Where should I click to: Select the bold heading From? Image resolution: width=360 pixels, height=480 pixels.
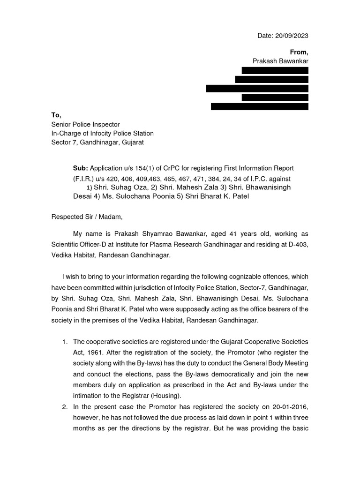click(299, 52)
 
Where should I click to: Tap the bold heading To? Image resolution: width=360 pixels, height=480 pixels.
click(56, 115)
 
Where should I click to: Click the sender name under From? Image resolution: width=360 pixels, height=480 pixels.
click(281, 61)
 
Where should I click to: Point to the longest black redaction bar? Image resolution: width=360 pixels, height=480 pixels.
click(257, 89)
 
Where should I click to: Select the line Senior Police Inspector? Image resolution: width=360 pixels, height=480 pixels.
click(85, 124)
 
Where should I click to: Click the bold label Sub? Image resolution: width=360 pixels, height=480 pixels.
click(80, 168)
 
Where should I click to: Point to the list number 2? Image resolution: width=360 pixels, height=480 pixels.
click(65, 407)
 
